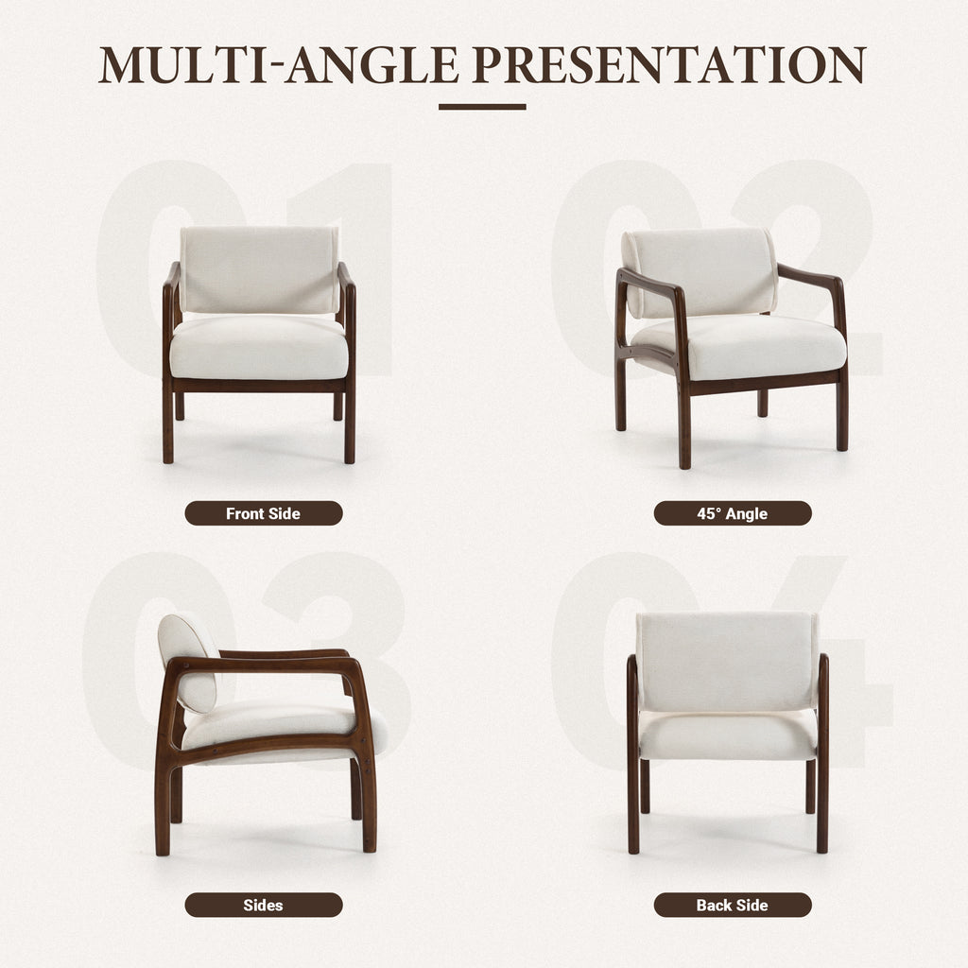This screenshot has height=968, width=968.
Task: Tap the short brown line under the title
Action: [x=482, y=107]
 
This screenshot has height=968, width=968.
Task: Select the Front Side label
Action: [x=263, y=513]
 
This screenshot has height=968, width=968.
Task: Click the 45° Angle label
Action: [x=733, y=513]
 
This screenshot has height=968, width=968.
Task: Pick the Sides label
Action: [x=263, y=905]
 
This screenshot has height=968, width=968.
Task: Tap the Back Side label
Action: [x=733, y=905]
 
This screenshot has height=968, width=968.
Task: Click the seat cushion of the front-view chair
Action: [x=259, y=347]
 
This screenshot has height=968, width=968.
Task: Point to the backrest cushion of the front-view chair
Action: [x=259, y=270]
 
